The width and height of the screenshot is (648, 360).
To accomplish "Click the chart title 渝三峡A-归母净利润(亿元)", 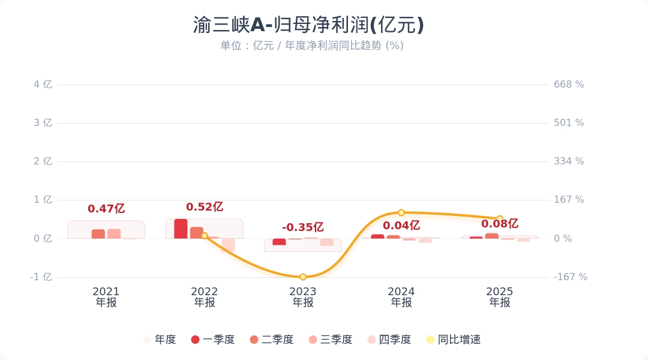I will [x=308, y=25].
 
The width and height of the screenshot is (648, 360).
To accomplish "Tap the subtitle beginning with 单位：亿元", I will [x=311, y=46].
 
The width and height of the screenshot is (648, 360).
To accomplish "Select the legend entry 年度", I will [x=160, y=340].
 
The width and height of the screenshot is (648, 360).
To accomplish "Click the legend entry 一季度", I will [x=212, y=340].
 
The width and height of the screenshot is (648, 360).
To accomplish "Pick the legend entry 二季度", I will [x=271, y=340].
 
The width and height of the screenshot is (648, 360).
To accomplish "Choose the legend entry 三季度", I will [x=330, y=340].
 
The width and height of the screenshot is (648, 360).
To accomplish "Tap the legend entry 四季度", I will [x=389, y=340].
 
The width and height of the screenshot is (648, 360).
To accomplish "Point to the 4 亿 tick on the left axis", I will [x=43, y=85].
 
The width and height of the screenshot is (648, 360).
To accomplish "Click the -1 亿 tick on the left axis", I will [x=41, y=277].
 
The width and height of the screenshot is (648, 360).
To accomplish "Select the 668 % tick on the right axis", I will [x=569, y=85].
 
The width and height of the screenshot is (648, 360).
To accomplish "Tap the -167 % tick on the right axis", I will [x=570, y=277].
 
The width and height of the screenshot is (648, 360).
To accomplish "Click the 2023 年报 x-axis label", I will [x=303, y=297].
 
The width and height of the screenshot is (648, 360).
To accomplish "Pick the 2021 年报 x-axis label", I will [x=106, y=297].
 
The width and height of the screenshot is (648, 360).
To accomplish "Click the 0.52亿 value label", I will [x=205, y=207].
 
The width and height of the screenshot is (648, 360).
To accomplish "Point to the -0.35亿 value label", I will [x=303, y=227].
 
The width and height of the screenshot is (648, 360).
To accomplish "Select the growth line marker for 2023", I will [x=303, y=277].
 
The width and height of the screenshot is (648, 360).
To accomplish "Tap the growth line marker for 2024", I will [x=401, y=212].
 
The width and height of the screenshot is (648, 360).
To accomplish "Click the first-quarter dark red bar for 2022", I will [x=181, y=229].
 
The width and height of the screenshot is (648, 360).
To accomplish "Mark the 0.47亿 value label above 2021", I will [x=106, y=209].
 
